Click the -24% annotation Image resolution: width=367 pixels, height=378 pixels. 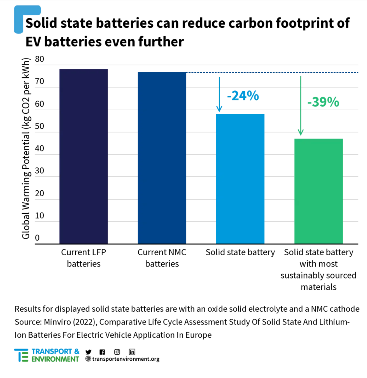tap(243, 96)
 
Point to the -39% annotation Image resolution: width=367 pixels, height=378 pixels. tap(323, 102)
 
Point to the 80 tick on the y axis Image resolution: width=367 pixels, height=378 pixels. tap(40, 59)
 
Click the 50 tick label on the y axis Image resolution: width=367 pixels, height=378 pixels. tap(40, 126)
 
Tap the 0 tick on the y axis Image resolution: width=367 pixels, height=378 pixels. tap(37, 238)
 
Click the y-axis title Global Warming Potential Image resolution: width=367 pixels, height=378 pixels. tap(26, 148)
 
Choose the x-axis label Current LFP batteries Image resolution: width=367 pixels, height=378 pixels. tap(83, 258)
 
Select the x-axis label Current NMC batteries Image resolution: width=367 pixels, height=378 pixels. tap(162, 258)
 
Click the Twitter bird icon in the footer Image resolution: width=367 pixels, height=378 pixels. tap(89, 352)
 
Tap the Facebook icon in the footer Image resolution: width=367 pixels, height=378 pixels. tap(102, 352)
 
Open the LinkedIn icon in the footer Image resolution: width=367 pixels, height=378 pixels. tap(132, 352)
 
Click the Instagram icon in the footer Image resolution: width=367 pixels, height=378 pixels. tap(117, 352)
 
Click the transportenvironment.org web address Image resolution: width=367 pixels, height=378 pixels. tap(126, 359)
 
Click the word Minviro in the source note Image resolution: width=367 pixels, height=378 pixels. tap(57, 322)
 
